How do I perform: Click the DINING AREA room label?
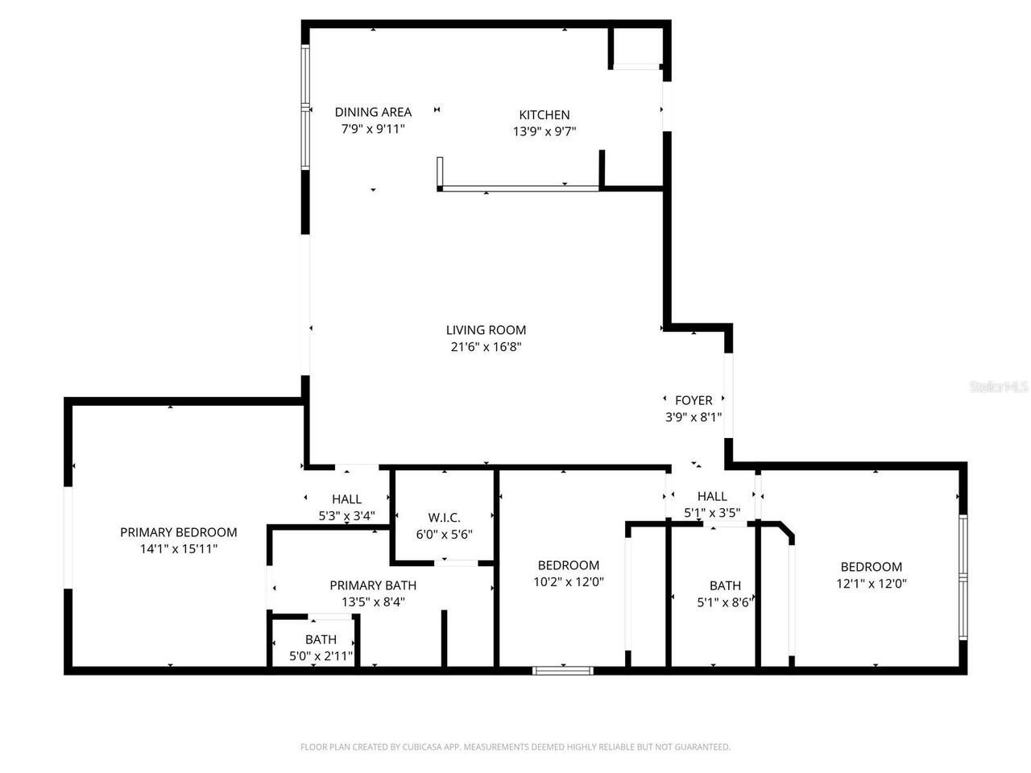[373, 112]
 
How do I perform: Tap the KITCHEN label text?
[544, 115]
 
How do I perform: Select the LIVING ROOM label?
[486, 330]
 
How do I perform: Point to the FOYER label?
[694, 401]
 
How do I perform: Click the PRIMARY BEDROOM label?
[179, 533]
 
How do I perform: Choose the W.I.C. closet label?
[444, 518]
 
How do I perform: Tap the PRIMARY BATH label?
[373, 585]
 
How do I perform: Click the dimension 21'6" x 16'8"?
[486, 347]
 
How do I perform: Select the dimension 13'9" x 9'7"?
[544, 131]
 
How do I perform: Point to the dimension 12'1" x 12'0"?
[871, 584]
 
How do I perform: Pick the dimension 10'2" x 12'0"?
[569, 582]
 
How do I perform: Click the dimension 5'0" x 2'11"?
[321, 656]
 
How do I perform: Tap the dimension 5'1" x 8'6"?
[725, 602]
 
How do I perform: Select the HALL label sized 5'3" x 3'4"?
[346, 499]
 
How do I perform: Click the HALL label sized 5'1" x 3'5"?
[712, 497]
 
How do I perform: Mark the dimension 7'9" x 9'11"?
[373, 129]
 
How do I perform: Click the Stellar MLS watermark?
[998, 386]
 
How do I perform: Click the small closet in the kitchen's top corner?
[637, 46]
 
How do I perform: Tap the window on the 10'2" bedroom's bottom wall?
[563, 671]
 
